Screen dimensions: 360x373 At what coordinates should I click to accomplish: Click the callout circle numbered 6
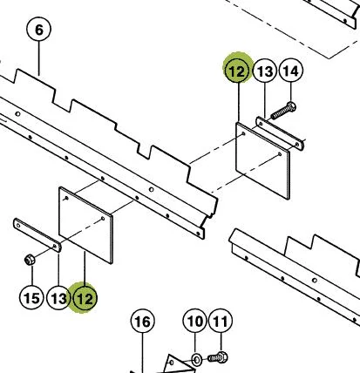tap(38, 30)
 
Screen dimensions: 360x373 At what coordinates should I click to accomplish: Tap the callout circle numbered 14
tap(290, 71)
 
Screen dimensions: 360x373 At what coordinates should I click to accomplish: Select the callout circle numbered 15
tap(31, 298)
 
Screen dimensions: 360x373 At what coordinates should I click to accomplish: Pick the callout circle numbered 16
tap(143, 322)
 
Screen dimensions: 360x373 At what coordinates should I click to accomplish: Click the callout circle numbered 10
tap(195, 321)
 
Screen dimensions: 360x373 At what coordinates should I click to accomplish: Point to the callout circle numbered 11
tap(221, 321)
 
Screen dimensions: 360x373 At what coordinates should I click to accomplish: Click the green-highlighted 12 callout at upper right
tap(238, 70)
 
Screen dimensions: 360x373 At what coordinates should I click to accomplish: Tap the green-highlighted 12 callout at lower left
tap(85, 298)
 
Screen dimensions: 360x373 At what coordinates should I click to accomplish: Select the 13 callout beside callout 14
tap(265, 71)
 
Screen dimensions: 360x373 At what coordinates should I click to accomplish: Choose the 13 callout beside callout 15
tap(58, 298)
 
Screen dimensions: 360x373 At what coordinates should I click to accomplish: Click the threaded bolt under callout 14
tap(283, 111)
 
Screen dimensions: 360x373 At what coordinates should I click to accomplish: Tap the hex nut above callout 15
tap(30, 259)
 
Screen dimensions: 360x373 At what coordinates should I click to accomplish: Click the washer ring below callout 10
tap(197, 360)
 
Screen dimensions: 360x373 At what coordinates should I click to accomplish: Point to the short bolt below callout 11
tap(218, 357)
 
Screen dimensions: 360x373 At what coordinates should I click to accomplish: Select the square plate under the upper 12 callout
tap(262, 160)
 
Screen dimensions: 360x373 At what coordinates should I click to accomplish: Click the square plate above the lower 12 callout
tap(85, 225)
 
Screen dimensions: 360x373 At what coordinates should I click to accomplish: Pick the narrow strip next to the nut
tap(37, 235)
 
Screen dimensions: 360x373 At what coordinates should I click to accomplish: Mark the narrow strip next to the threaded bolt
tap(280, 133)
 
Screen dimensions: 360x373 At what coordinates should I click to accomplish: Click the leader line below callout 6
tap(38, 58)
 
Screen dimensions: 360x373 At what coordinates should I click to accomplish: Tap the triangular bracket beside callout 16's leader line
tap(178, 364)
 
